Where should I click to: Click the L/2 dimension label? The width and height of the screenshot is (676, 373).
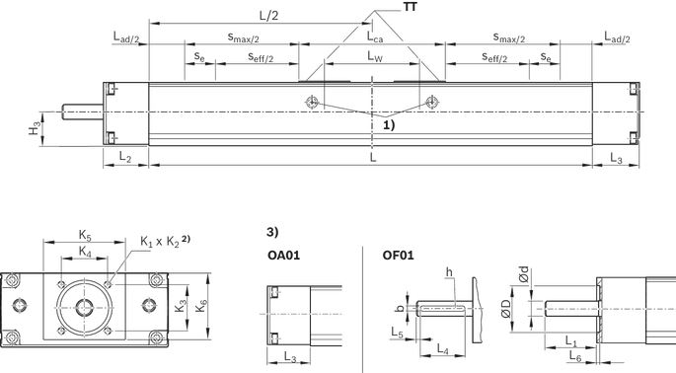pyautogui.click(x=269, y=16)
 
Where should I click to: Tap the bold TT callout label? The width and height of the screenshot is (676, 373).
pyautogui.click(x=411, y=7)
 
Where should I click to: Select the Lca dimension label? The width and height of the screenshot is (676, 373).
pyautogui.click(x=375, y=37)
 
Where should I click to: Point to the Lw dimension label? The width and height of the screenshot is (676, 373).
pyautogui.click(x=375, y=56)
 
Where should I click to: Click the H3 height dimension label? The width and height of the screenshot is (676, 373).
pyautogui.click(x=35, y=128)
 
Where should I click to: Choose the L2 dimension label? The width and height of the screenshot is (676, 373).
pyautogui.click(x=125, y=158)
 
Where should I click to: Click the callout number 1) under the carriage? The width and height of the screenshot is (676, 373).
pyautogui.click(x=389, y=125)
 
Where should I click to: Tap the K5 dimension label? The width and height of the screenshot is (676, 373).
pyautogui.click(x=85, y=236)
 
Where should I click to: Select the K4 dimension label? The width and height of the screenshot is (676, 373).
pyautogui.click(x=85, y=251)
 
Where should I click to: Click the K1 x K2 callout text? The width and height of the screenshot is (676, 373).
pyautogui.click(x=165, y=241)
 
